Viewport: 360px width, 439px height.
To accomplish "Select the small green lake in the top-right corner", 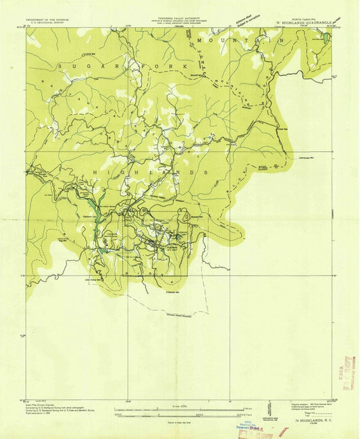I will pyautogui.click(x=326, y=37).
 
